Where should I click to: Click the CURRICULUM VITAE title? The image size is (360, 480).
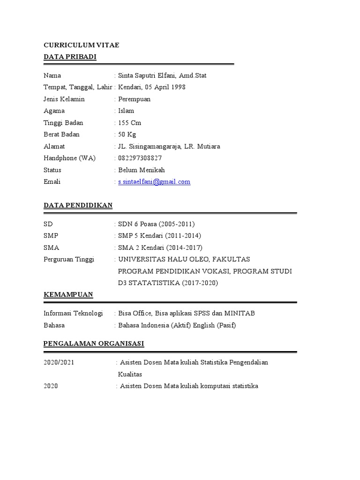click(x=81, y=45)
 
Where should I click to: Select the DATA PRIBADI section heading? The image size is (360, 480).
click(x=70, y=57)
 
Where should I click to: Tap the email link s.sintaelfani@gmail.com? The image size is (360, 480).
click(x=154, y=182)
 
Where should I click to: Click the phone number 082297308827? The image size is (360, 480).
click(x=141, y=158)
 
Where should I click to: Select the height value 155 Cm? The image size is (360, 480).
click(x=130, y=123)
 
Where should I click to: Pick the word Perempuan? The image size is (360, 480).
click(x=135, y=99)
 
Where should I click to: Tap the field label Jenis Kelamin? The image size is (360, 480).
click(x=64, y=99)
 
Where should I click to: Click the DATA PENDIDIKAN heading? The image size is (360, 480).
click(x=78, y=205)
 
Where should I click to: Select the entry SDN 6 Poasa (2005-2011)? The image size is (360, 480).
click(x=156, y=224)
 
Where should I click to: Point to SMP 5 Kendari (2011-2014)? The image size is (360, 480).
click(x=159, y=236)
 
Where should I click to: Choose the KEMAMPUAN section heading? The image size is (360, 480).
click(x=68, y=294)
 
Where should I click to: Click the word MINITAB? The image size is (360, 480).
click(x=240, y=313)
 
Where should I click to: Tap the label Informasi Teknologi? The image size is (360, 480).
click(x=73, y=313)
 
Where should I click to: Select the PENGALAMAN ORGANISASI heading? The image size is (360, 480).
click(x=94, y=344)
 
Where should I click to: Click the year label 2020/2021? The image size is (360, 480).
click(x=59, y=362)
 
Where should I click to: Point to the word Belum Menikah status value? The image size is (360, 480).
click(x=142, y=170)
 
